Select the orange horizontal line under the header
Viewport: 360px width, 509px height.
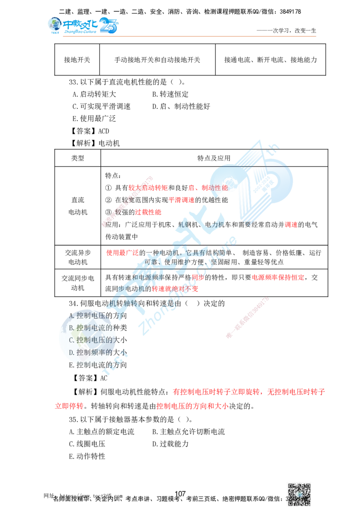click(189, 36)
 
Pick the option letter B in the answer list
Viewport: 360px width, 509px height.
click(71, 327)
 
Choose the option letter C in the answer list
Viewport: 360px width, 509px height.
click(71, 340)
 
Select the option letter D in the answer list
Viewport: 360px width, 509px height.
click(71, 352)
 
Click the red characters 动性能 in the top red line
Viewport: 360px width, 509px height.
click(215, 187)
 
